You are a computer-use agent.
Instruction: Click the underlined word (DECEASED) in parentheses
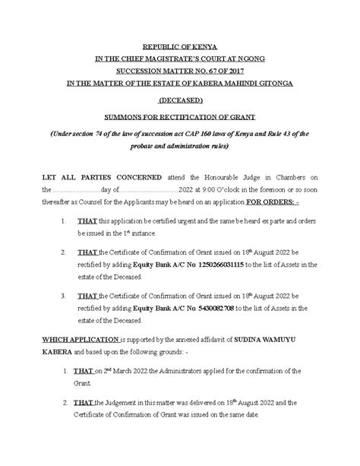(179, 100)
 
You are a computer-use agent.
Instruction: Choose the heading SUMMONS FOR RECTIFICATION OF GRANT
(179, 117)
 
